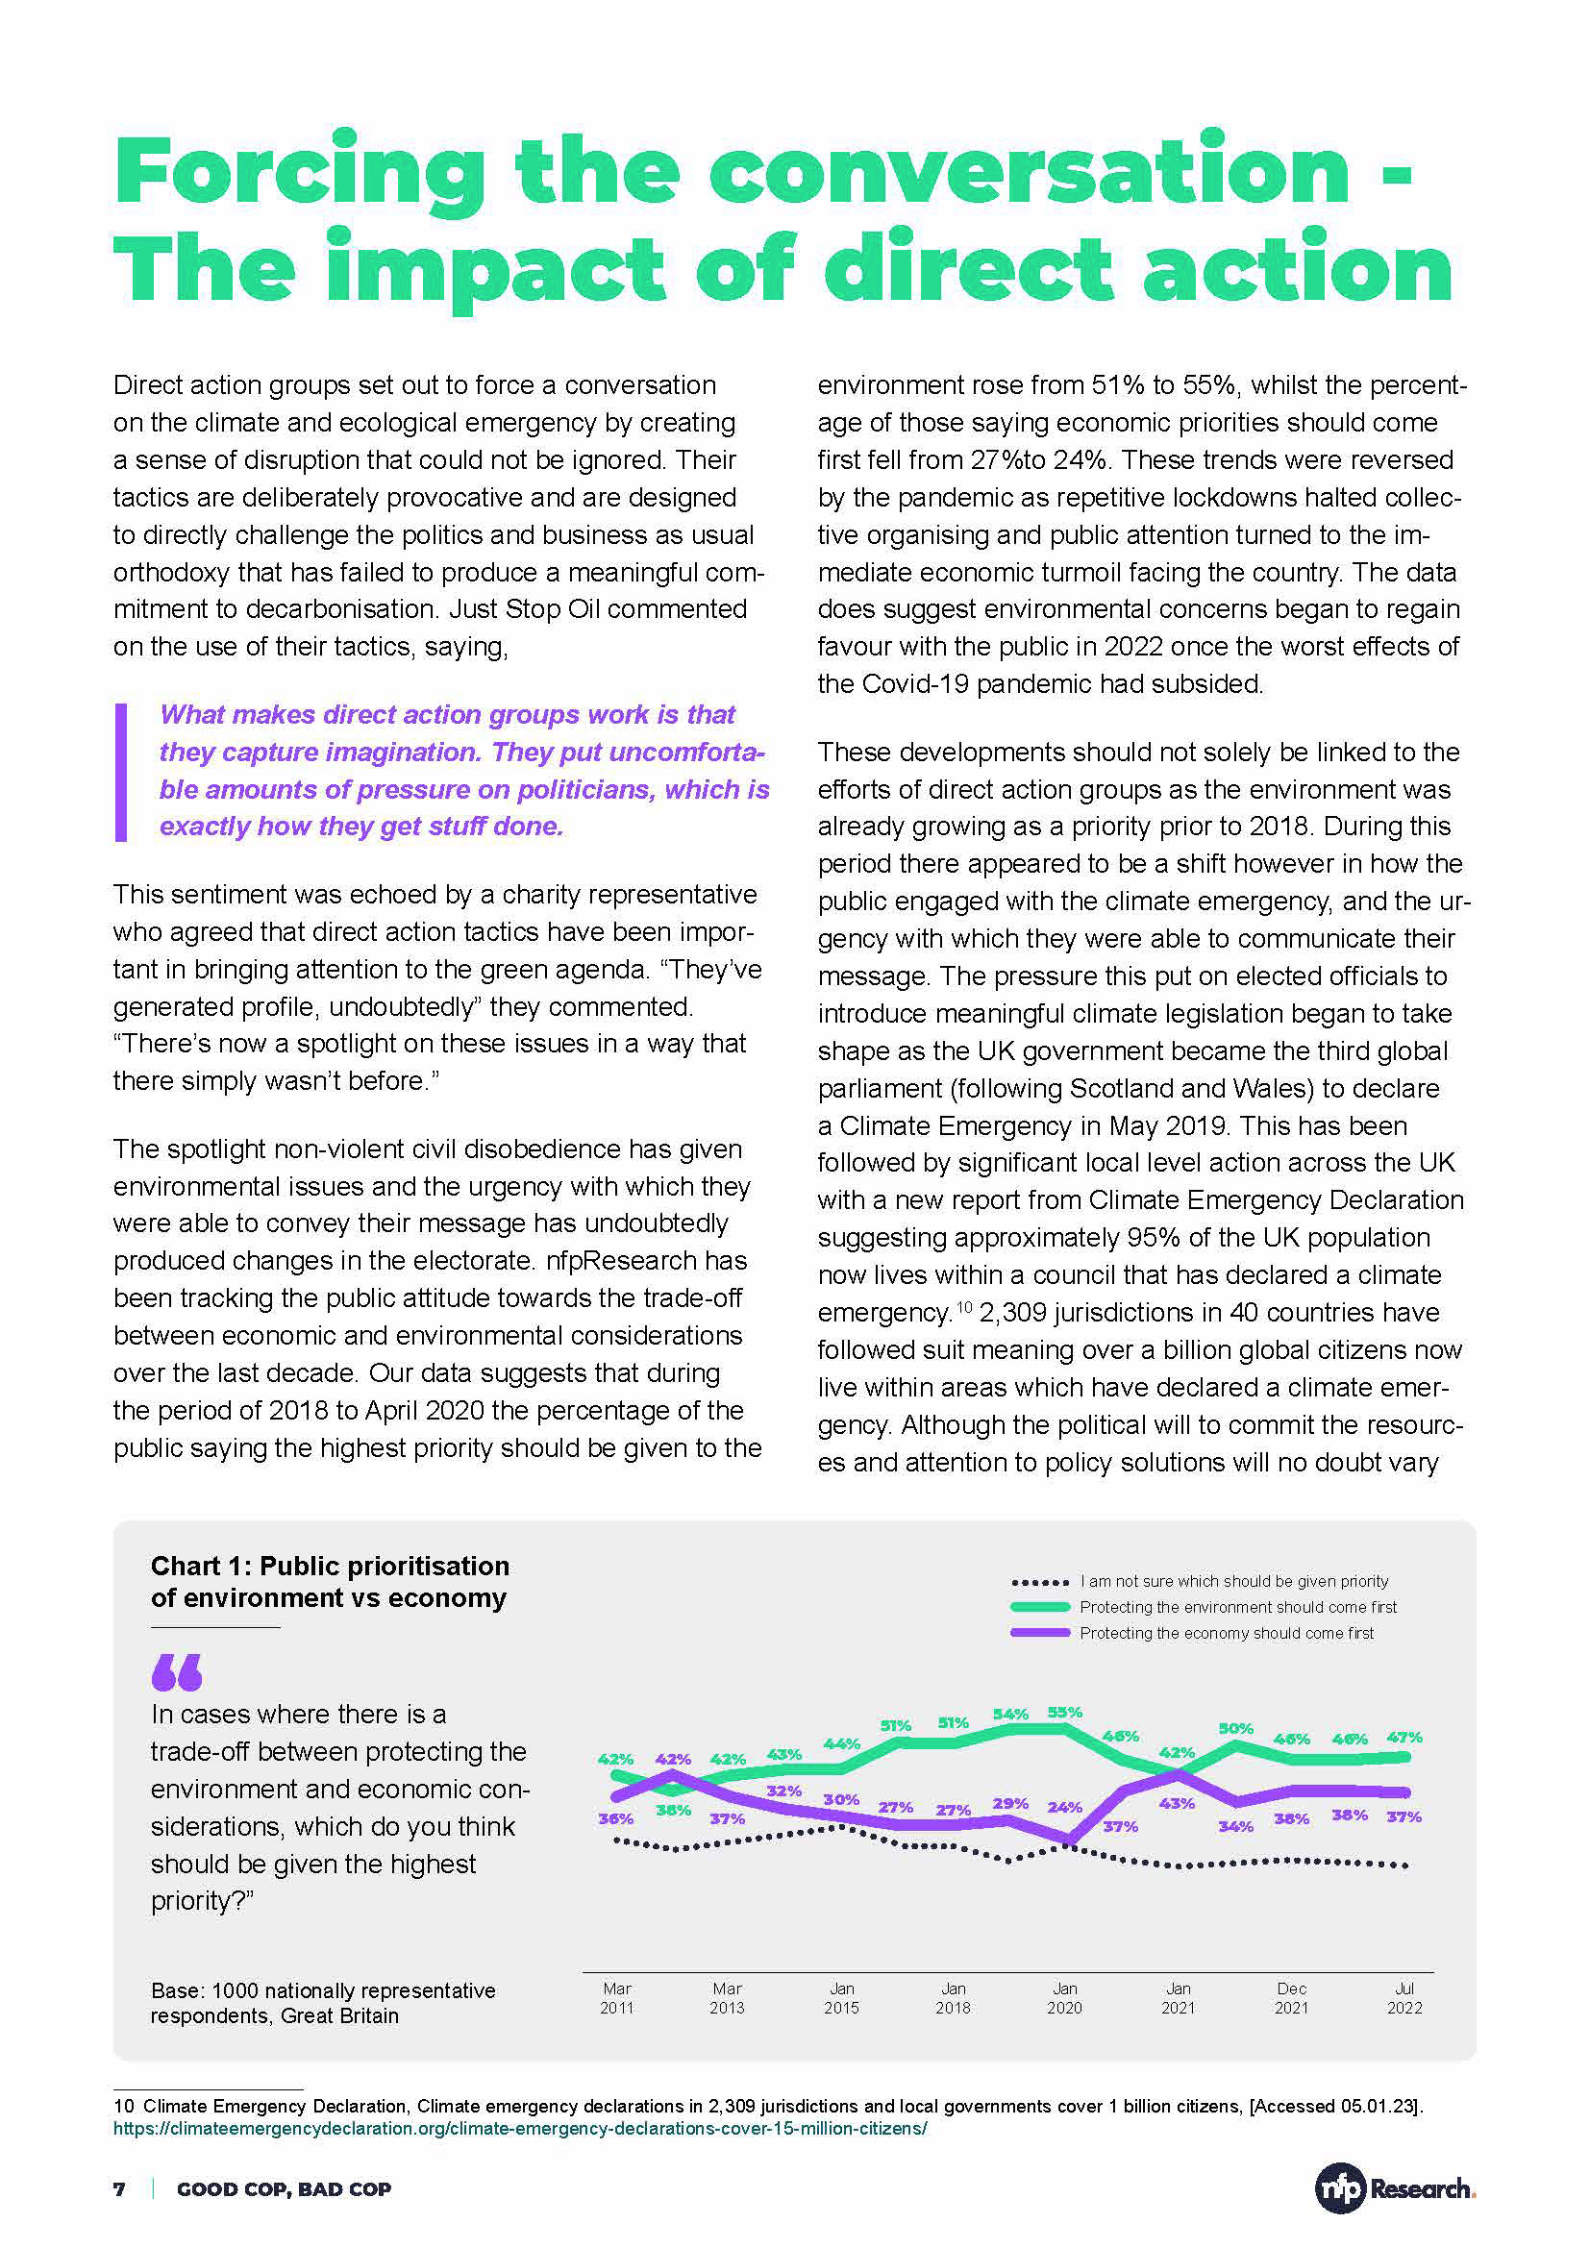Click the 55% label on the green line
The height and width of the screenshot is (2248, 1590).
tap(1064, 1713)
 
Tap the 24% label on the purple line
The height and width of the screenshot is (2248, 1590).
tap(1064, 1808)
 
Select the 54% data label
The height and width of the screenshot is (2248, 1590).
tap(1010, 1715)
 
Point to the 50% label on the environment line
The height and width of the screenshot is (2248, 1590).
tap(1235, 1729)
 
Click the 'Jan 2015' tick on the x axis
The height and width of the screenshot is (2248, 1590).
tap(841, 1998)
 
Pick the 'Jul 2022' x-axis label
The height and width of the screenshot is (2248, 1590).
tap(1404, 1998)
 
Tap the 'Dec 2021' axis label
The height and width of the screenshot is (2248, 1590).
tap(1291, 1998)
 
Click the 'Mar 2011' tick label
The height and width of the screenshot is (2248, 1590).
tap(617, 1998)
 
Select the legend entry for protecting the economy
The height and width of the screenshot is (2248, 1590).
tap(1226, 1633)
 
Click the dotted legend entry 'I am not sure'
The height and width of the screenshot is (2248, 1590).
tap(1233, 1581)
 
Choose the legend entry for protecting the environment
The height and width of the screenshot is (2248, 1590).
tap(1237, 1607)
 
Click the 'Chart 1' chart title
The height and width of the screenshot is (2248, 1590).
tap(330, 1581)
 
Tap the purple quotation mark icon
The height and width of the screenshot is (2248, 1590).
tap(177, 1672)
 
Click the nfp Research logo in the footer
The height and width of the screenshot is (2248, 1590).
tap(1394, 2188)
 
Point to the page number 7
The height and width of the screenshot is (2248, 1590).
tap(119, 2189)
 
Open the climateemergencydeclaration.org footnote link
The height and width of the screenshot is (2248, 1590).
tap(520, 2129)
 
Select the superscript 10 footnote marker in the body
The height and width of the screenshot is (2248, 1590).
tap(963, 1307)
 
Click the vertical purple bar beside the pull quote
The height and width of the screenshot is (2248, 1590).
tap(121, 772)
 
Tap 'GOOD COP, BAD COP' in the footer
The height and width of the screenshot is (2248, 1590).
tap(284, 2189)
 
